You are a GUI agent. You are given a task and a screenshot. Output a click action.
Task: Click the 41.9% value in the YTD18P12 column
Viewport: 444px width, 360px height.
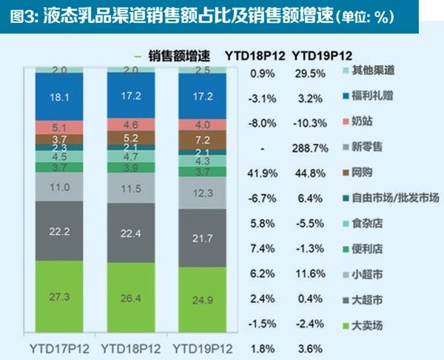point(263,174)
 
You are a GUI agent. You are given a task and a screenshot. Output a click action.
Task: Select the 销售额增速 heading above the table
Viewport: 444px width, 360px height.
point(178,56)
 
